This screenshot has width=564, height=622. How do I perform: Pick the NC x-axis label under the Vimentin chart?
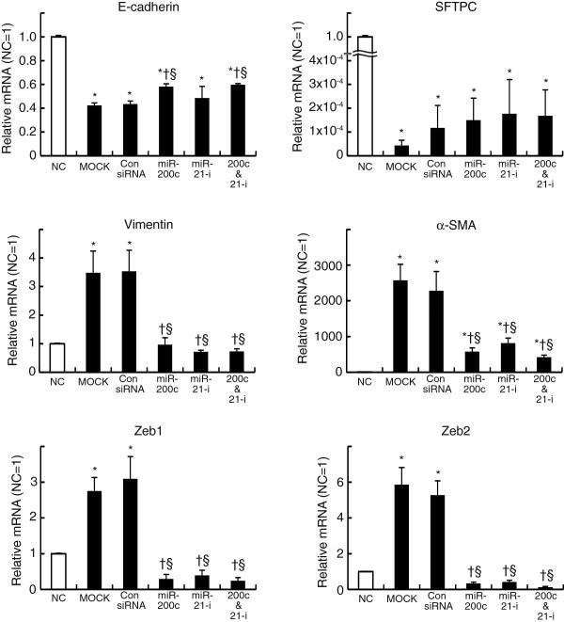(x=58, y=384)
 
